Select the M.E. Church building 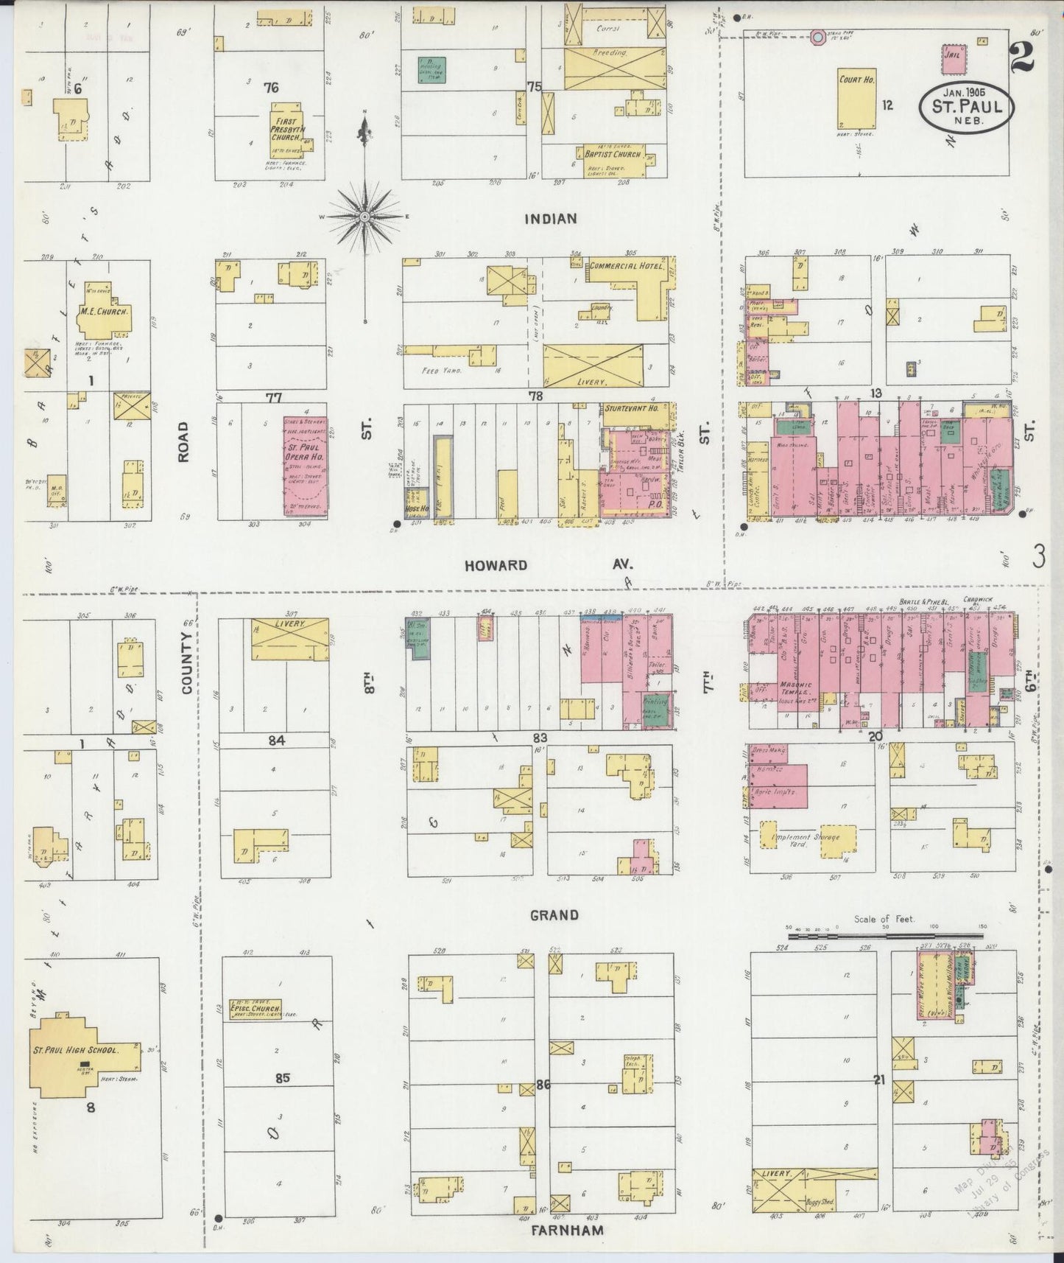pos(105,312)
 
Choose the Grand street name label pos(554,915)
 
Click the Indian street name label pos(550,218)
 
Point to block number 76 pos(271,88)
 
